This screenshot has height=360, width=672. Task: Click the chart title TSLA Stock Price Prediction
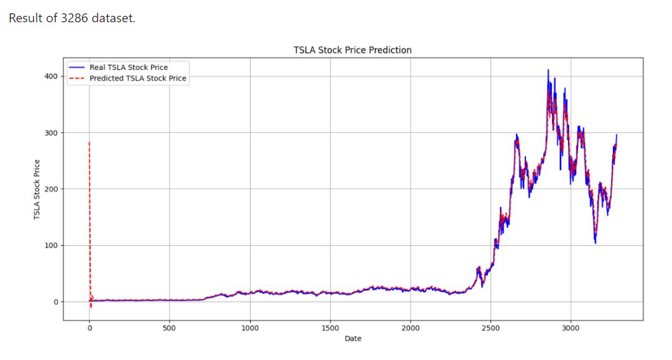(352, 50)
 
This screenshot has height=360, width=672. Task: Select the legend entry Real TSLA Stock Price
(128, 67)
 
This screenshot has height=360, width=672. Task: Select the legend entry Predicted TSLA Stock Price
(138, 79)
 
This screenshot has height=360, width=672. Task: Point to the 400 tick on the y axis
(51, 77)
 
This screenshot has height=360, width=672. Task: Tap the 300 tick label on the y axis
(51, 133)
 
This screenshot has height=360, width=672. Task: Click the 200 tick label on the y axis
(51, 189)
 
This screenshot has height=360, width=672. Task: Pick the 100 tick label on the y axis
(51, 246)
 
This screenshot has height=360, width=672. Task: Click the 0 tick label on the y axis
(55, 302)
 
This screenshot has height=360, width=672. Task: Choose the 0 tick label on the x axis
(89, 328)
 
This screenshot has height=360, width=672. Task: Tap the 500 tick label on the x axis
(169, 328)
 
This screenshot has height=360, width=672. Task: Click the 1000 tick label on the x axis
(250, 328)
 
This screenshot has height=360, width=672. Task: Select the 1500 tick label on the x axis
(330, 328)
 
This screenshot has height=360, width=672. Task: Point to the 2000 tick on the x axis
(411, 328)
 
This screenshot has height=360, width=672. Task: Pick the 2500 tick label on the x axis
(491, 328)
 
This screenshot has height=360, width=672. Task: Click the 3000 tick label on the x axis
(571, 328)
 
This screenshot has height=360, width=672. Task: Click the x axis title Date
(353, 339)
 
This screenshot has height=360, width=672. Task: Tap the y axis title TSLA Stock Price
(37, 189)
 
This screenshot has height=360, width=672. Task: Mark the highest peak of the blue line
(548, 70)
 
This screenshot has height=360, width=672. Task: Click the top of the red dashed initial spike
(89, 142)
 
